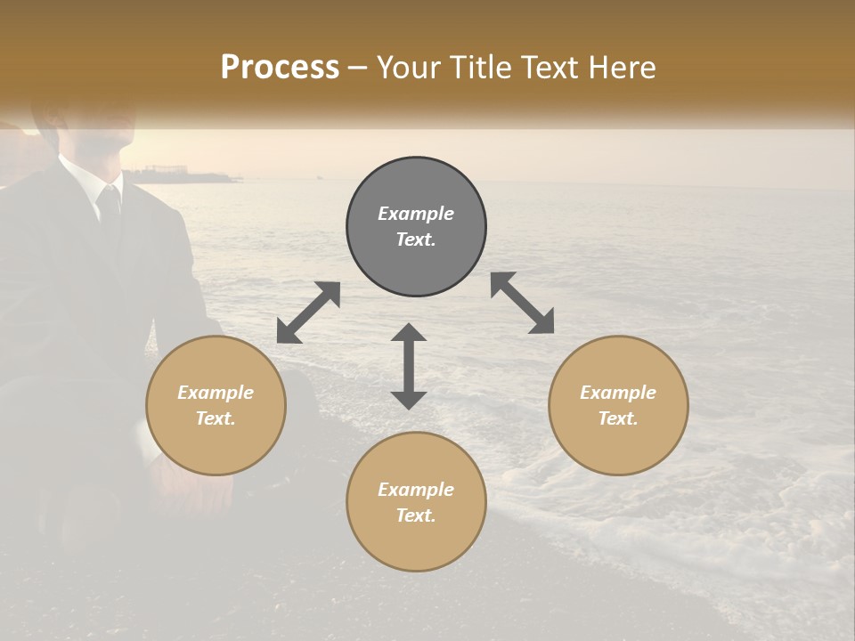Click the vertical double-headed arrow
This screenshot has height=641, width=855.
(x=409, y=366)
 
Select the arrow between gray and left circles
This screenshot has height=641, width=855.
(x=308, y=312)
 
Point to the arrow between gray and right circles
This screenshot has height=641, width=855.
(x=522, y=304)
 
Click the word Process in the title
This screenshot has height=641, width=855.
(x=280, y=67)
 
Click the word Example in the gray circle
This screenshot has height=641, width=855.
(x=416, y=214)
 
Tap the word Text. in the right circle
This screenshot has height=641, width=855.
(x=618, y=418)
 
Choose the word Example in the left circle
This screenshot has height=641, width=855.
(x=216, y=393)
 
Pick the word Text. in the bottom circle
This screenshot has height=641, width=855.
(x=416, y=515)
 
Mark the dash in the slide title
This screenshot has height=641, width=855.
(x=358, y=68)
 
